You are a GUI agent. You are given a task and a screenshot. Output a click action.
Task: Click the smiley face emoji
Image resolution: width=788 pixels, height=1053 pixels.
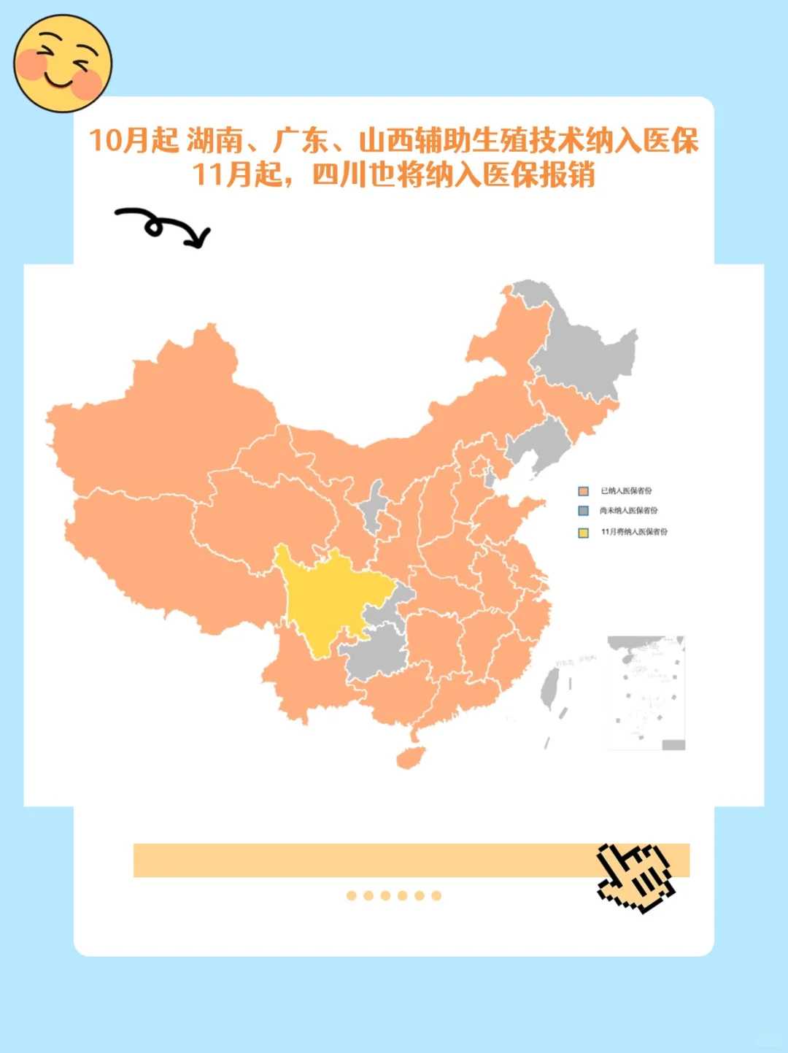click(63, 63)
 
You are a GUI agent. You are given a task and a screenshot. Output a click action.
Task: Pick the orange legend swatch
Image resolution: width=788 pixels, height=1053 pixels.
click(583, 491)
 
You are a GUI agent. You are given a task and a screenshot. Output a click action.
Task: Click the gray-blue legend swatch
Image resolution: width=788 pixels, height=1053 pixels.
click(583, 511)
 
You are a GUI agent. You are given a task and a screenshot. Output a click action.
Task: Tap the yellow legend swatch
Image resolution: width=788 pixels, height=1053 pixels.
click(583, 532)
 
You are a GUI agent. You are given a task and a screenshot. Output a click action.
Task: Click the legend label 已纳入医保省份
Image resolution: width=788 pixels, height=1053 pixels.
click(626, 491)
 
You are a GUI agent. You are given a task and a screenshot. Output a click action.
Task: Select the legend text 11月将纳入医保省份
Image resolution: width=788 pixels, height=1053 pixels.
click(634, 532)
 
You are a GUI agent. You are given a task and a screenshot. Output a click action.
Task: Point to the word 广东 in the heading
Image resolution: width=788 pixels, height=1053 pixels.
click(301, 140)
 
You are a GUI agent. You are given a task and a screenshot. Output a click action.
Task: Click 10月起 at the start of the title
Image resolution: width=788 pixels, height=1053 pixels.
click(133, 140)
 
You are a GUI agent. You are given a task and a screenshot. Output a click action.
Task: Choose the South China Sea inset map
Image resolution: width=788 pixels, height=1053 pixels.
click(646, 693)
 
